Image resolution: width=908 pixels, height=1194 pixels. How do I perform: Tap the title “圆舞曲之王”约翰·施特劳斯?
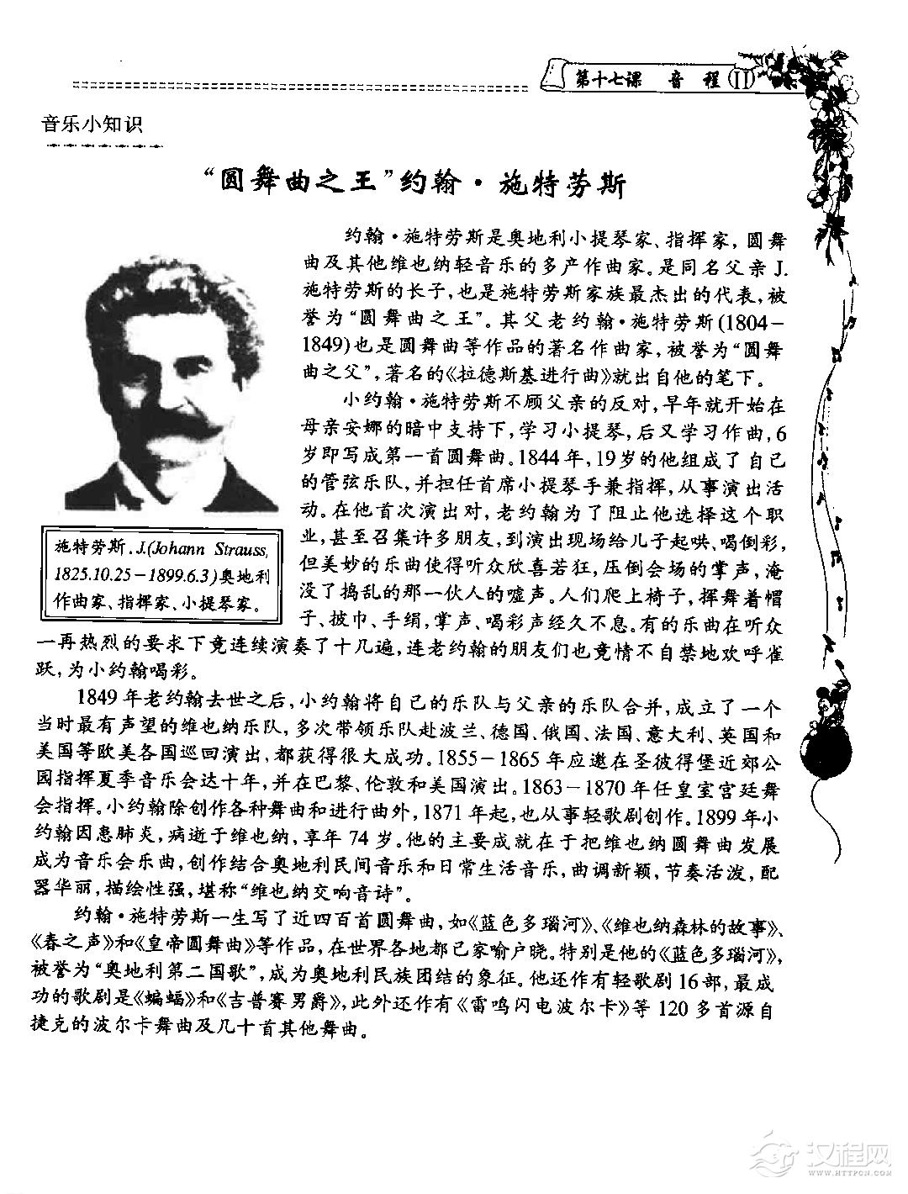[417, 182]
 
